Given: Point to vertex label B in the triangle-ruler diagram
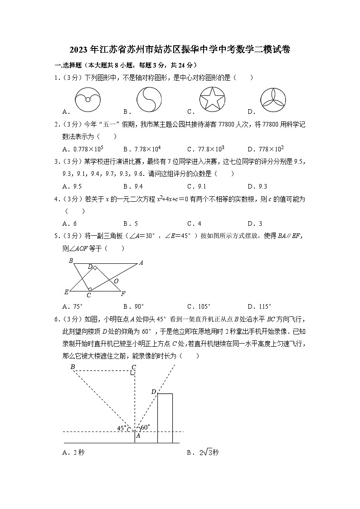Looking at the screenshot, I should [71, 261].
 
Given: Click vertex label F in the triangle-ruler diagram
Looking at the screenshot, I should [123, 294].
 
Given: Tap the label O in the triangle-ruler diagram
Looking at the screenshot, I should [116, 281].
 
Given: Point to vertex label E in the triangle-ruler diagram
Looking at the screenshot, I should [66, 292].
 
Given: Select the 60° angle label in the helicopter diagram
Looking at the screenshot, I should [145, 427].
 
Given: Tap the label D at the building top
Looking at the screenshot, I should [154, 392].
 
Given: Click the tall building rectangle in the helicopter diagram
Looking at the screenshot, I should [165, 418].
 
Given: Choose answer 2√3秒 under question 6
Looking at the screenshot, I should [209, 452].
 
